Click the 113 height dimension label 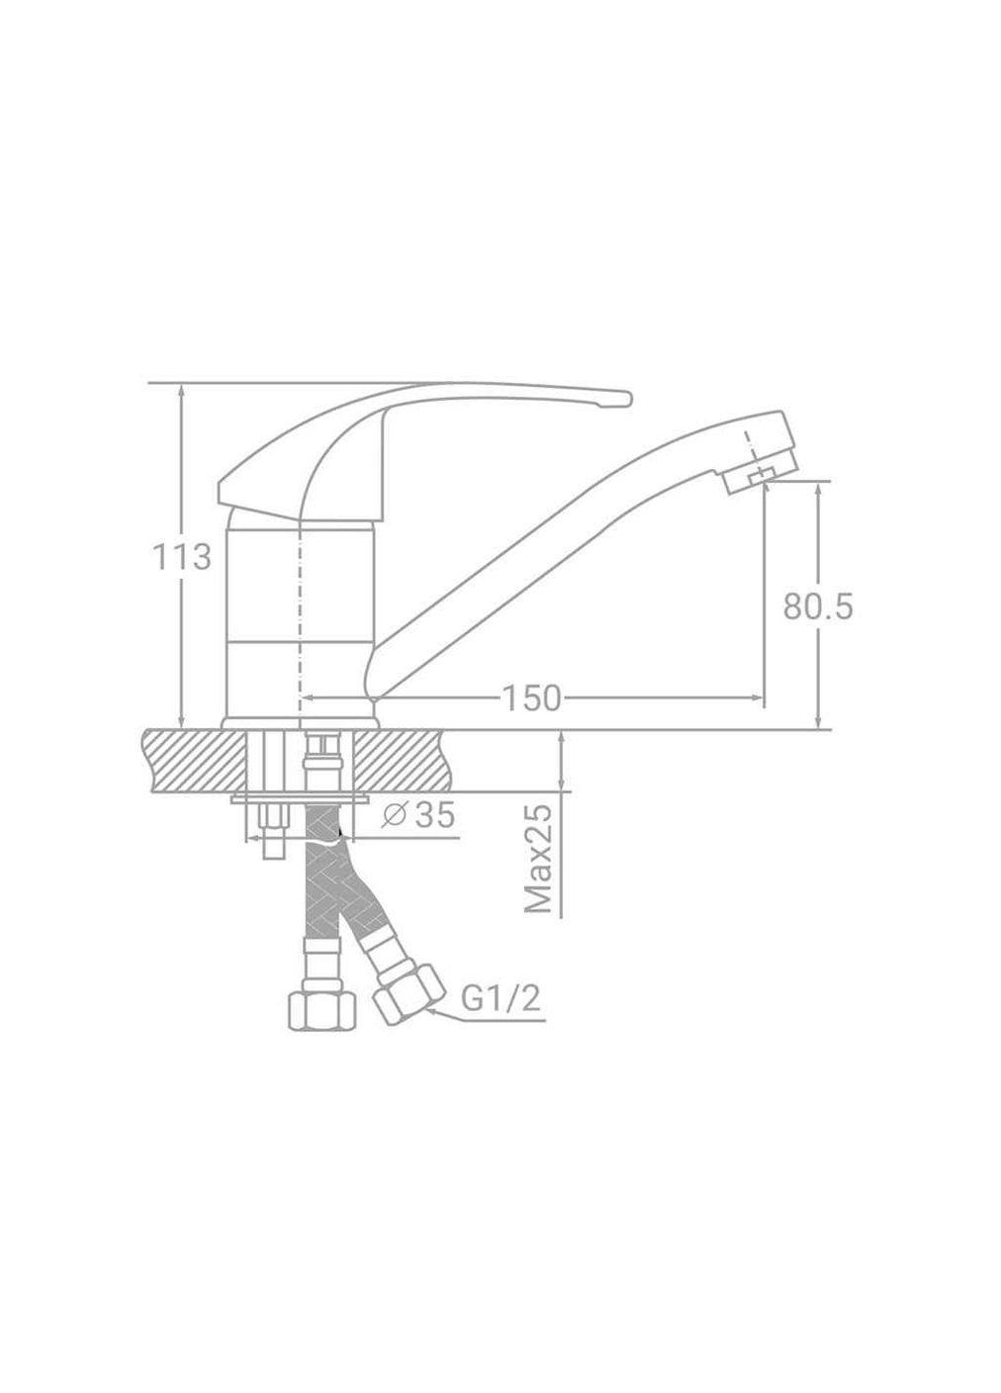pyautogui.click(x=182, y=557)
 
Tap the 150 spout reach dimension pyautogui.click(x=530, y=698)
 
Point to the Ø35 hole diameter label pyautogui.click(x=418, y=815)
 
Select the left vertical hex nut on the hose pyautogui.click(x=321, y=1019)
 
